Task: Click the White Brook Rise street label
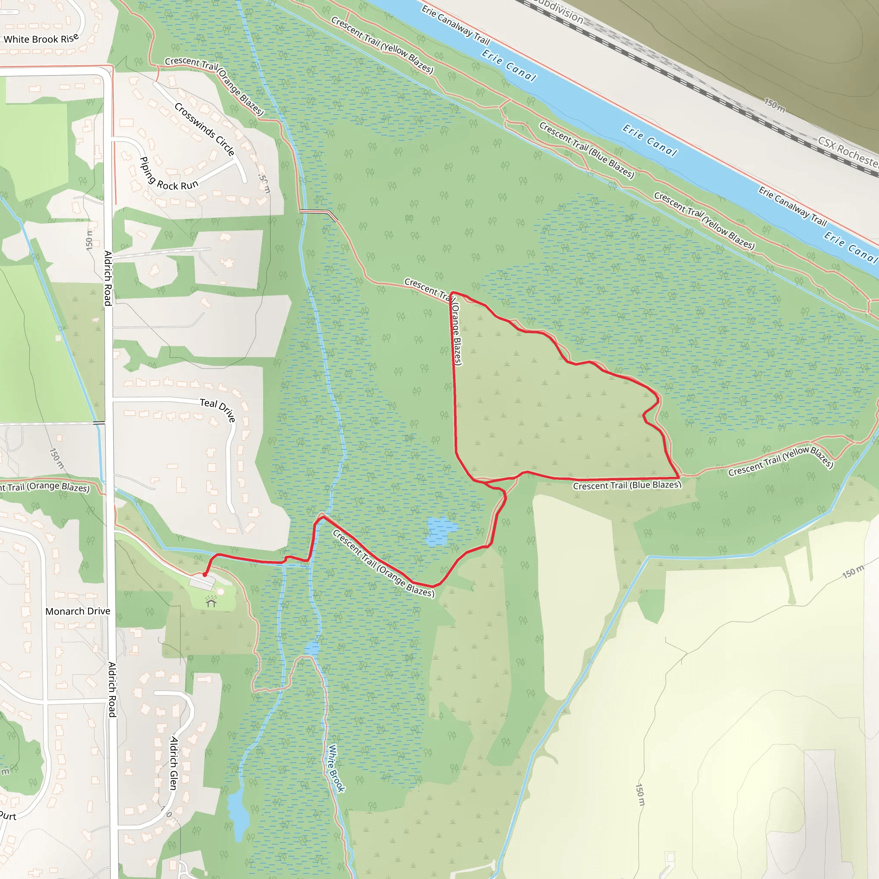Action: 41,39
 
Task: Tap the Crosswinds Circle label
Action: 204,129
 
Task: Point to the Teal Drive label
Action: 218,408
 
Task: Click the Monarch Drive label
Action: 78,611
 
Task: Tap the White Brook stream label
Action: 336,768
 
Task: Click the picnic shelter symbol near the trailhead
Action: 211,603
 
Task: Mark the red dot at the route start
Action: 205,575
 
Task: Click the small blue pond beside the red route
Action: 439,531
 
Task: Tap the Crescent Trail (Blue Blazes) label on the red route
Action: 627,485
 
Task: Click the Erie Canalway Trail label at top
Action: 455,24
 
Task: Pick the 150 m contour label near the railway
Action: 774,104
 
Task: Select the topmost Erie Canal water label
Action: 509,66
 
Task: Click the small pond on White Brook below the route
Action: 312,649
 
